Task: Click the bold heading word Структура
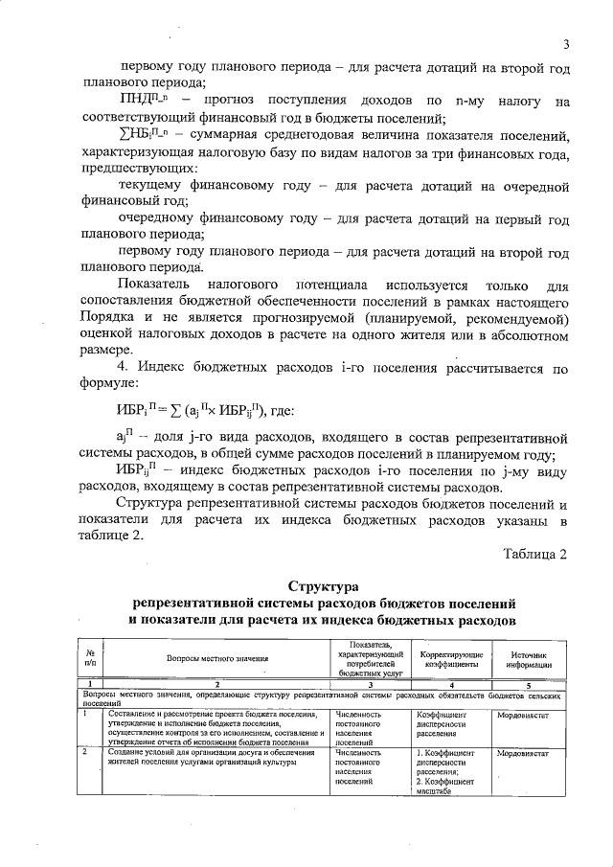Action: (x=323, y=586)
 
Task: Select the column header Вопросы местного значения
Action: (x=217, y=658)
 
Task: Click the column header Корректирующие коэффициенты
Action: (x=445, y=658)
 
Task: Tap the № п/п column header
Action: (x=89, y=658)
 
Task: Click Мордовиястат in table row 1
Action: (x=523, y=715)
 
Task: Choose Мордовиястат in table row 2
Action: (x=523, y=753)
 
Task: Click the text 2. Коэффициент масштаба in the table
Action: (x=444, y=786)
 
